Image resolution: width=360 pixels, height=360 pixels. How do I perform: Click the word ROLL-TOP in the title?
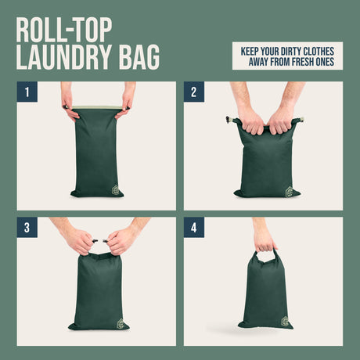point(64,30)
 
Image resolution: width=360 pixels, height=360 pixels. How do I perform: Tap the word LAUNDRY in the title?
point(64,57)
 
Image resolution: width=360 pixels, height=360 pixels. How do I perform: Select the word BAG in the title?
point(139,57)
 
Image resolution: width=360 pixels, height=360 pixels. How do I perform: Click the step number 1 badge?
point(27,92)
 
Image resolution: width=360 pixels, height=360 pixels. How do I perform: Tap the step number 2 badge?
point(194,92)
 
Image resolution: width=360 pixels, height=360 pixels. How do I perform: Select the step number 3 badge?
point(27,228)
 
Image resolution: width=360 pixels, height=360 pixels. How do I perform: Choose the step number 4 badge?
point(194,228)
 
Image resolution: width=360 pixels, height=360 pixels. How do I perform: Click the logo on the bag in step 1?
point(116,190)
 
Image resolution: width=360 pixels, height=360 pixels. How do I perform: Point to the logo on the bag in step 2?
point(290,192)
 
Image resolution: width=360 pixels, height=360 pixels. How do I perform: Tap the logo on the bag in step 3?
point(121,323)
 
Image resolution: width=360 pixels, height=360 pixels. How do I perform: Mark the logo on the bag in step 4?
point(285,321)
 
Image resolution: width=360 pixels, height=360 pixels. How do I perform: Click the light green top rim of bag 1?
point(97,107)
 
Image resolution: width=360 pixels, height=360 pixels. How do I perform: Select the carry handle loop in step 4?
point(265,256)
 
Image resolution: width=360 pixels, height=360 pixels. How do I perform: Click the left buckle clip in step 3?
point(95,241)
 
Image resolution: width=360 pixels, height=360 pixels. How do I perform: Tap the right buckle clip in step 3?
point(105,241)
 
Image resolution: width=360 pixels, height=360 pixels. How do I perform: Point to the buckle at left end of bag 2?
point(228,120)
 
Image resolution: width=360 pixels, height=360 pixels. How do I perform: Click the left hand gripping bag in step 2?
point(251,122)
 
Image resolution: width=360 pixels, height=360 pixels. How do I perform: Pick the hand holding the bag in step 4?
point(265,241)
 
